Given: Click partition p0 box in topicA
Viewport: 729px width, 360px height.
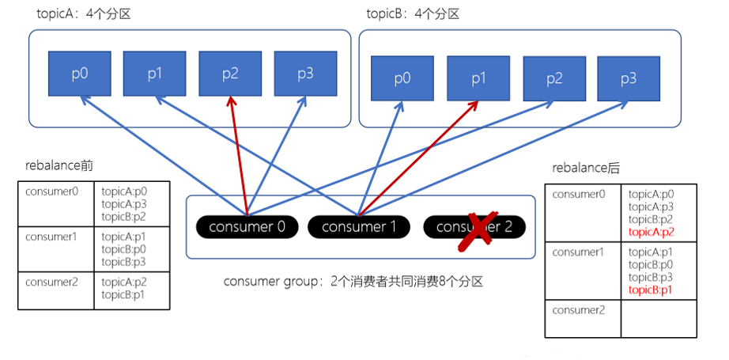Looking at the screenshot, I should pyautogui.click(x=80, y=74).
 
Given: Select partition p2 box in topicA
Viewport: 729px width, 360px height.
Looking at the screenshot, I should pyautogui.click(x=230, y=74).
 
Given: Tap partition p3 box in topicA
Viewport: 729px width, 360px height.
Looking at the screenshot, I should pyautogui.click(x=305, y=74).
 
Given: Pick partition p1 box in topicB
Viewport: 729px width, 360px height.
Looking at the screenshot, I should pyautogui.click(x=478, y=78).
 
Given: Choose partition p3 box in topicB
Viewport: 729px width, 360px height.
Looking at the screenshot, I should pyautogui.click(x=628, y=78).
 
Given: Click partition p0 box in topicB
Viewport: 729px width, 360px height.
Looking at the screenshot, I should pyautogui.click(x=402, y=78).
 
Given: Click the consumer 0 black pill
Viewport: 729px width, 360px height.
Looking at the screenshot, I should pyautogui.click(x=247, y=227).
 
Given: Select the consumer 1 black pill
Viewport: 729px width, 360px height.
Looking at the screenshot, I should pyautogui.click(x=359, y=227).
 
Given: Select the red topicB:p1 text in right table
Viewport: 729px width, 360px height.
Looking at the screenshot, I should pyautogui.click(x=652, y=290).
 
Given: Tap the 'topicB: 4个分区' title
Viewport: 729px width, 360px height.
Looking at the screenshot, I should pyautogui.click(x=413, y=14).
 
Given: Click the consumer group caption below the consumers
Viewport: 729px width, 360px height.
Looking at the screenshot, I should pyautogui.click(x=353, y=282).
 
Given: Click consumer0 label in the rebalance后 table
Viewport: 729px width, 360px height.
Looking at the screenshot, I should pyautogui.click(x=579, y=194).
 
